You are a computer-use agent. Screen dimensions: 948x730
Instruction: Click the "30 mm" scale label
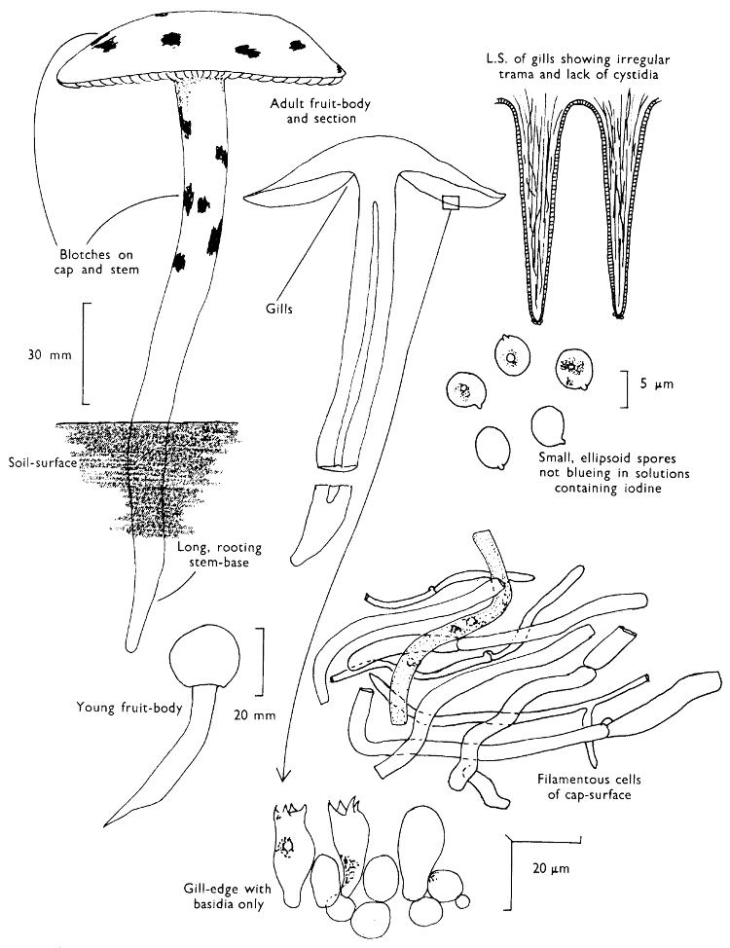(50, 354)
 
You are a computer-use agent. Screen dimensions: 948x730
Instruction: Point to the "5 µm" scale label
(657, 384)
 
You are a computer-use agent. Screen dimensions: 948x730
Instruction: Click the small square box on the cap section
(450, 202)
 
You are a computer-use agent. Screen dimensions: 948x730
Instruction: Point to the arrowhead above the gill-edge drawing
(283, 773)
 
